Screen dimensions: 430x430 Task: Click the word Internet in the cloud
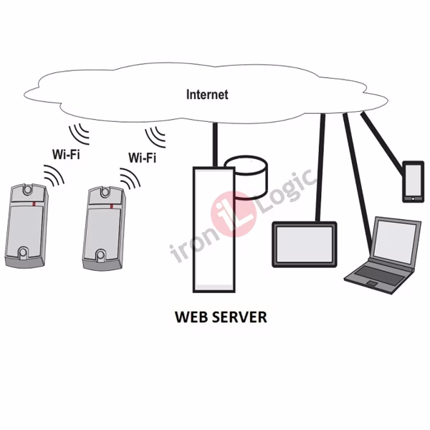[x=207, y=95]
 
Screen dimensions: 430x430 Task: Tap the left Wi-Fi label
[x=66, y=153]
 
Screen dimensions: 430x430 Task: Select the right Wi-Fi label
[x=142, y=158]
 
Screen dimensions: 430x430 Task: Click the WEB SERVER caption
[x=221, y=317]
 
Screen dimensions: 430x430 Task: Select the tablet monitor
[x=304, y=244]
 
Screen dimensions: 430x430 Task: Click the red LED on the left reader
[x=36, y=203]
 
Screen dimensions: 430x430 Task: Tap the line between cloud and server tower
[x=214, y=143]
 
